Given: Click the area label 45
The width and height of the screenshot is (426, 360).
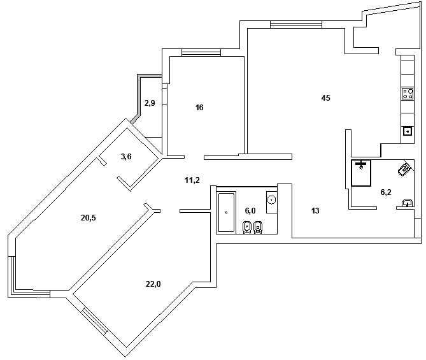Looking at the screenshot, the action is click(325, 98).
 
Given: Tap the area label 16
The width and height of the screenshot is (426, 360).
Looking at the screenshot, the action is click(199, 108).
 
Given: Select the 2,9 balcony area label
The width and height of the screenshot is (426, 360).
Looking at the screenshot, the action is click(150, 103).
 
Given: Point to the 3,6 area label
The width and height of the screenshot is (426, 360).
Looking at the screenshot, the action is click(126, 157).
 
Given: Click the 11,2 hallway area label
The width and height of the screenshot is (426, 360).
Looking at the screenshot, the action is click(192, 180).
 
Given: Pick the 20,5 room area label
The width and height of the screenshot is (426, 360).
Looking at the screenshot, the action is click(89, 218).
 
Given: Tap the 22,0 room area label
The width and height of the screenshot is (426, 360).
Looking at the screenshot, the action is click(153, 284).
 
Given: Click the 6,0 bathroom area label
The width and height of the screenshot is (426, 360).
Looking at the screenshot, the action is click(250, 211).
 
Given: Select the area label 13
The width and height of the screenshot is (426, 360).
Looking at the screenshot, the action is click(315, 211).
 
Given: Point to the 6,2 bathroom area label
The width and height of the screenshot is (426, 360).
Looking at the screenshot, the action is click(386, 192).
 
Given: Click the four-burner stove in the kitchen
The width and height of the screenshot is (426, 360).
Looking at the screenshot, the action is click(408, 94).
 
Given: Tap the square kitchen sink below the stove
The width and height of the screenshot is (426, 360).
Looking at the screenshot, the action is click(408, 132).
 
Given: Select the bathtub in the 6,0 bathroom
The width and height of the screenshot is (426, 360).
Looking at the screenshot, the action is click(226, 212).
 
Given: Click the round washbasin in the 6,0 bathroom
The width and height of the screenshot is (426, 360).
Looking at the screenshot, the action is click(271, 200).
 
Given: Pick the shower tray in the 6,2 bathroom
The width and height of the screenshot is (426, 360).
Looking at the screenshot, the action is click(361, 173).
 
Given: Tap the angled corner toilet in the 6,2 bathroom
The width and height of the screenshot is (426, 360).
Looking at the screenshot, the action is click(404, 170).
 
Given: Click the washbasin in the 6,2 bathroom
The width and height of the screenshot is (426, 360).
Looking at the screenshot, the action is click(408, 203).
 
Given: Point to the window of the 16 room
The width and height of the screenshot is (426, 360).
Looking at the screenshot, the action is click(201, 52).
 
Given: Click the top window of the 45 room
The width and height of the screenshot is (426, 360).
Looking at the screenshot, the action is click(296, 24).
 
